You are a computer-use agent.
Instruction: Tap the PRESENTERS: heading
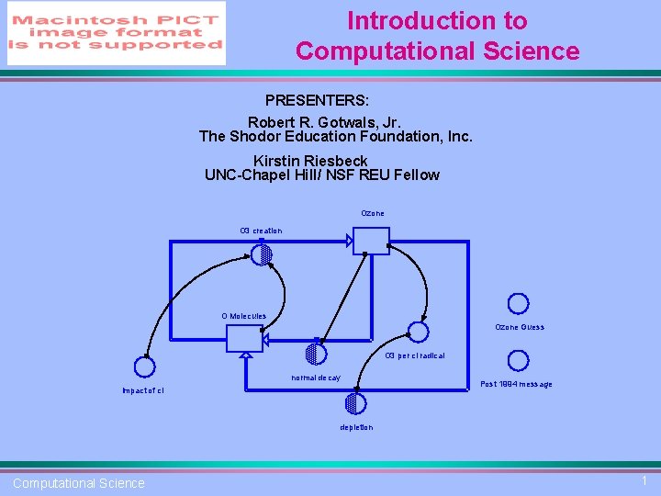click(x=317, y=99)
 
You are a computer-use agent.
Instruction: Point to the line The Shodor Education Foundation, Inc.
click(x=336, y=137)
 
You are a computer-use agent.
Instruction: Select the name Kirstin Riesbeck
click(x=310, y=161)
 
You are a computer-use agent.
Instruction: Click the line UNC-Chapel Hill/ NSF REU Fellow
click(x=322, y=175)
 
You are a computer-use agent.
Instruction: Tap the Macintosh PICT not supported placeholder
click(x=117, y=33)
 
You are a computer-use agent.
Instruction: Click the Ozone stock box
click(x=372, y=241)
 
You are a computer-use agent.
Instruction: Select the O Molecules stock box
click(x=244, y=339)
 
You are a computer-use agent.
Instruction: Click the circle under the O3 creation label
click(x=262, y=254)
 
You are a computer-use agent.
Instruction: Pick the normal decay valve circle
click(x=316, y=353)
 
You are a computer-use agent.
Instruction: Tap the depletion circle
click(x=355, y=403)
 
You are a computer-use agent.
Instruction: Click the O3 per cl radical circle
click(x=418, y=332)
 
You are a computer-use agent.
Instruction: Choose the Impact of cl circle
click(x=144, y=366)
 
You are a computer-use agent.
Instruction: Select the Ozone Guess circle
click(x=519, y=304)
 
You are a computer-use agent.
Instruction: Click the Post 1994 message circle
click(x=519, y=360)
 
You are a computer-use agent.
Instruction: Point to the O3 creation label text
click(x=261, y=231)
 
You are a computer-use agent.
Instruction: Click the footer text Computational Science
click(x=79, y=483)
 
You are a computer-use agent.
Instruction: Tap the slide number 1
click(x=644, y=481)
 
